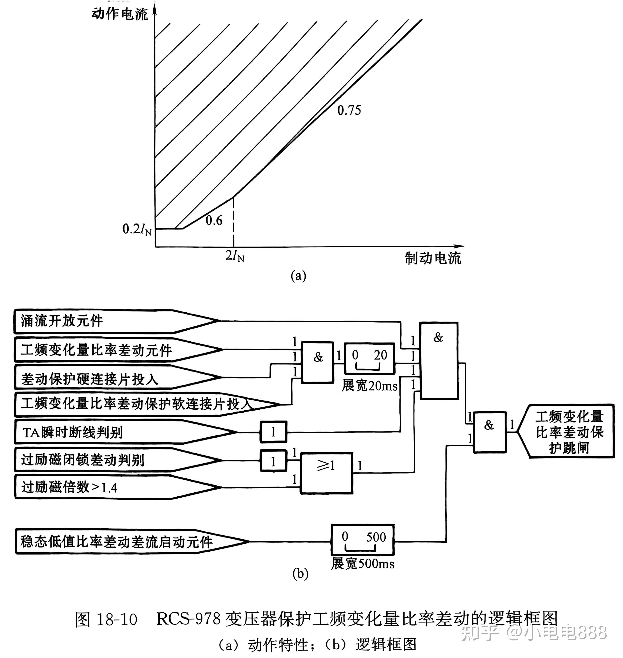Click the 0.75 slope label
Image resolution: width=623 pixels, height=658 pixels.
pos(349,110)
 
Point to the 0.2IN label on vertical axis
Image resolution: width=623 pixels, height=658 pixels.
pos(136,229)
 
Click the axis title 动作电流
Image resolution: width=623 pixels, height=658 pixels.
pos(120,14)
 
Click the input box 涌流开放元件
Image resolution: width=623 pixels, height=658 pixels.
pos(100,321)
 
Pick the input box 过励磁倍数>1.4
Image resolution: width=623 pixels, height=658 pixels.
pos(100,487)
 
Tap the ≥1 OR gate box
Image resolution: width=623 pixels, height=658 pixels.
pos(326,473)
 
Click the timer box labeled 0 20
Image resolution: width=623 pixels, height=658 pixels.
pos(369,359)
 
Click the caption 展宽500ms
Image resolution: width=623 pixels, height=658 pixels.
pos(362,563)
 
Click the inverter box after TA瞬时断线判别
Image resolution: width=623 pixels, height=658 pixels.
pos(273,432)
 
